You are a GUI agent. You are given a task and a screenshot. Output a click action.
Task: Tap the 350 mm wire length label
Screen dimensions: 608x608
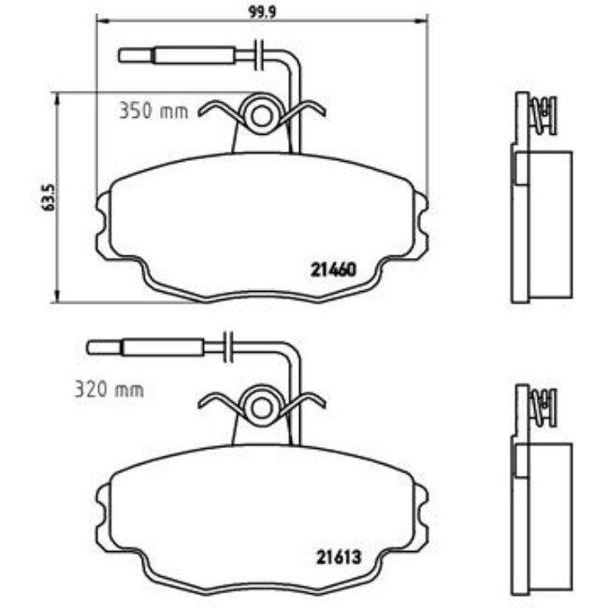tap(153, 111)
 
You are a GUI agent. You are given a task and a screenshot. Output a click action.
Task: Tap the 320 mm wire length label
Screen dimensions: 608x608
tap(109, 390)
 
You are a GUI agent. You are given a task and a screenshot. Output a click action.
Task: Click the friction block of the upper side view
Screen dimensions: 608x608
tap(552, 220)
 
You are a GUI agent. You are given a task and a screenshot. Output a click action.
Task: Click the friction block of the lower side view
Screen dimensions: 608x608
tap(552, 510)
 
